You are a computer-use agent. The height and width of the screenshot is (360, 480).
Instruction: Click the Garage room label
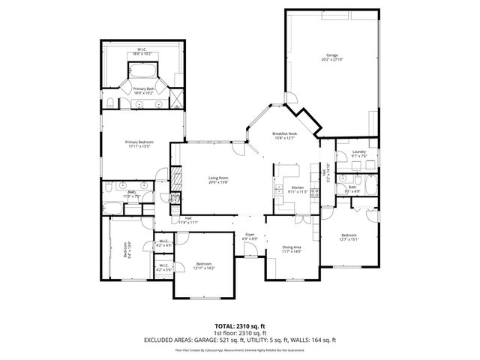click(x=331, y=58)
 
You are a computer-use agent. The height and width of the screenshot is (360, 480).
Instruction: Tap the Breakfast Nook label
click(x=285, y=135)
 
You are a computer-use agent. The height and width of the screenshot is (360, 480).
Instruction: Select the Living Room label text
click(x=218, y=179)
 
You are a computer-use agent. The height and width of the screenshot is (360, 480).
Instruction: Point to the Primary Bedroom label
click(x=140, y=144)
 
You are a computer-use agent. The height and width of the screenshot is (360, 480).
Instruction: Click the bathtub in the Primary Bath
click(x=141, y=73)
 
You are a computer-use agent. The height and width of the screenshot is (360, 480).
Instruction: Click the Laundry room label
click(x=358, y=154)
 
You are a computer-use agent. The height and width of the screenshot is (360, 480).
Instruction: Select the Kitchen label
click(x=297, y=189)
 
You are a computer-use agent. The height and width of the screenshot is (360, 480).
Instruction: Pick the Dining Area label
click(x=291, y=249)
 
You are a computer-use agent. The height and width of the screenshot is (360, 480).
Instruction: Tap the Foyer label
click(x=250, y=237)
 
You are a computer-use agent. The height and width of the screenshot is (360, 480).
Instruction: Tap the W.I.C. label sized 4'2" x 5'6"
click(x=163, y=267)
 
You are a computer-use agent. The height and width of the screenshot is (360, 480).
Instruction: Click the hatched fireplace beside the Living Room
click(x=178, y=180)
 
